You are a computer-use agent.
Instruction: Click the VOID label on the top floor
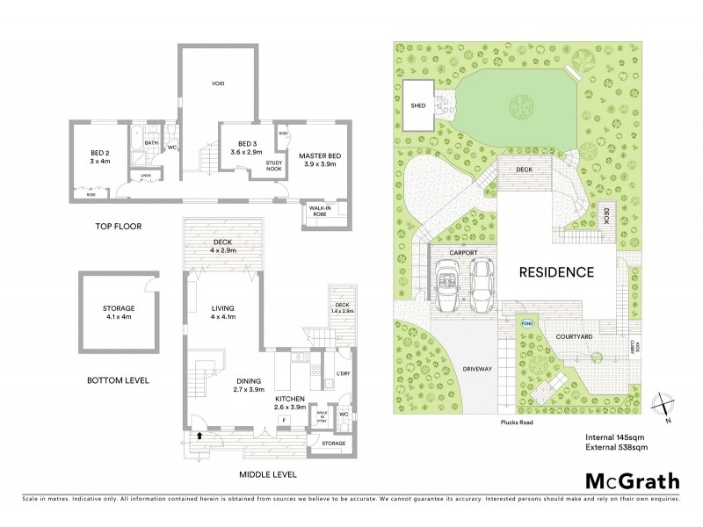tap(219, 83)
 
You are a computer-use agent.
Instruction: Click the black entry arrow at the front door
tap(198, 434)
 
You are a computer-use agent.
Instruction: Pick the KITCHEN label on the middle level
tap(289, 402)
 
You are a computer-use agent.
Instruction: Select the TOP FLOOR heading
tap(120, 227)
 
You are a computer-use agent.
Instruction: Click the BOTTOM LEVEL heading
tap(118, 381)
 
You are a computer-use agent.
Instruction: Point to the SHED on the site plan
tap(418, 105)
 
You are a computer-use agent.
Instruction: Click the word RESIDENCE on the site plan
tap(556, 272)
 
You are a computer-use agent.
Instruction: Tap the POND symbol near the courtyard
tap(526, 322)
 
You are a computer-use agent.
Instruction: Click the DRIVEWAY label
tap(475, 369)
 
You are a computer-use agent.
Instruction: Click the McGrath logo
tap(633, 480)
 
